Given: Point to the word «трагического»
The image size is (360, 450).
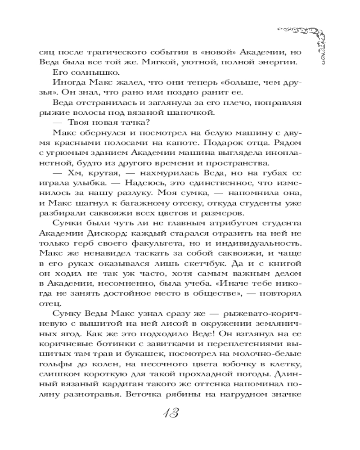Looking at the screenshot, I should pyautogui.click(x=110, y=50).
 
